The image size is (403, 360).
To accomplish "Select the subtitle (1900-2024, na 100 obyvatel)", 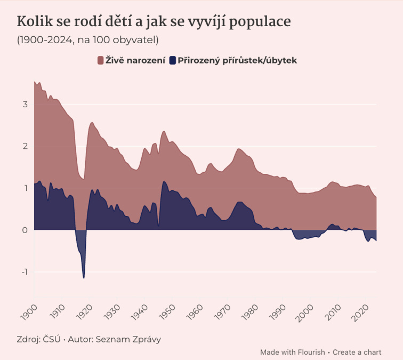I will point(88,40).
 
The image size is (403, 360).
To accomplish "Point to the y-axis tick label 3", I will point(25,104).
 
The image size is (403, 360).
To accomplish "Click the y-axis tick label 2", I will point(25,146).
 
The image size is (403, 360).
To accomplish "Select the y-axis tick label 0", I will point(25,230).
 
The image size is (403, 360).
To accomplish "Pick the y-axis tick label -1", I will point(23,272).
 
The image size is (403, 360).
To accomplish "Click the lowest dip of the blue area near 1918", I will point(84,277).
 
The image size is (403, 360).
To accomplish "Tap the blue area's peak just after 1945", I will point(164,183).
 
